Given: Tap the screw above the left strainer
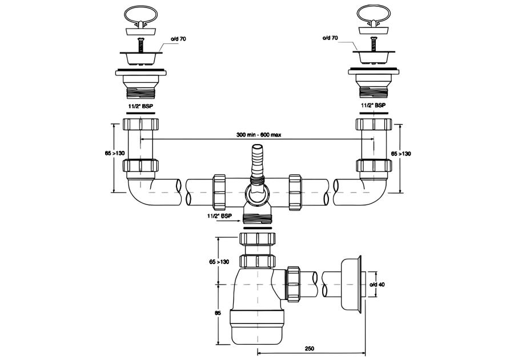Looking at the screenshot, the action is (x=141, y=45).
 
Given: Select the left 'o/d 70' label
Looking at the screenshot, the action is (x=178, y=39).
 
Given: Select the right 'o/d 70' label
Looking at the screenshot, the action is (x=330, y=38).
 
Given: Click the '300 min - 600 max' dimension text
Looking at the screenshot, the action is (x=259, y=135).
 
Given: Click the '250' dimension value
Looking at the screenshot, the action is (x=309, y=348).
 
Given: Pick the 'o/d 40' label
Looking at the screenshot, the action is (x=378, y=285).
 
